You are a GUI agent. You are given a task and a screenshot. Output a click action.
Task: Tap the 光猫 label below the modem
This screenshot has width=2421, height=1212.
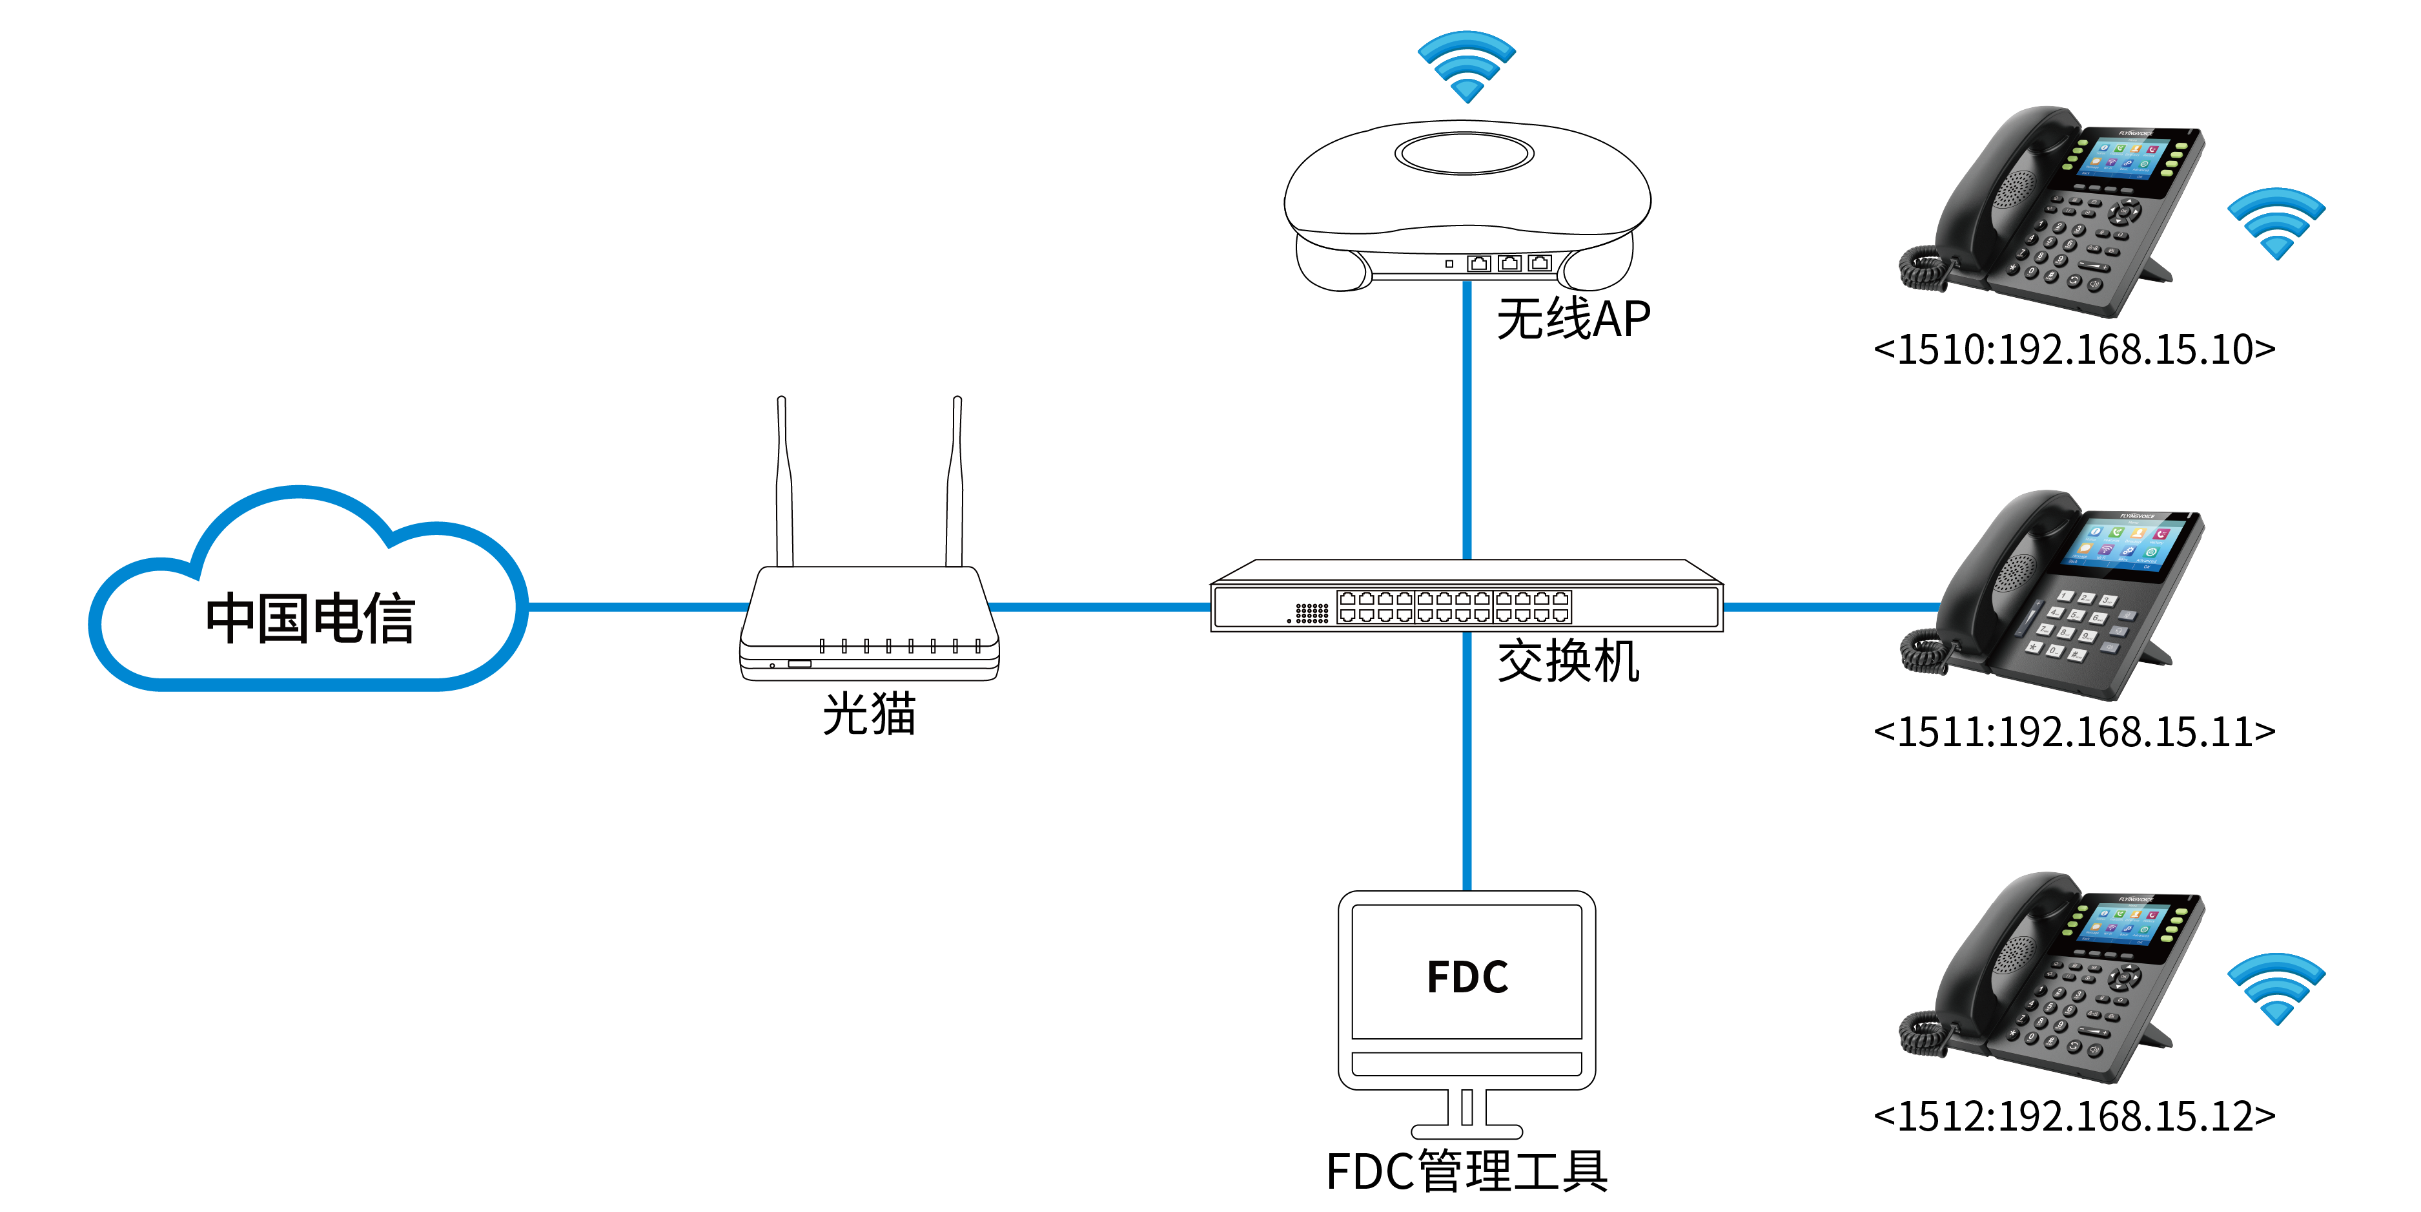[x=870, y=713]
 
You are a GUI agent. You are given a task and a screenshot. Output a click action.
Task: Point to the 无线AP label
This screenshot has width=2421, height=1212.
[x=1573, y=319]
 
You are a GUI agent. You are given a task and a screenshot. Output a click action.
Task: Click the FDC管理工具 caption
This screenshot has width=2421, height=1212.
[x=1467, y=1171]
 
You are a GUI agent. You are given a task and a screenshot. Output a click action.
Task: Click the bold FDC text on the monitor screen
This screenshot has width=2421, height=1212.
[x=1467, y=977]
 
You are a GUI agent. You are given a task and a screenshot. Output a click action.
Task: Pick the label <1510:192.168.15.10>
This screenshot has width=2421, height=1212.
[x=2074, y=349]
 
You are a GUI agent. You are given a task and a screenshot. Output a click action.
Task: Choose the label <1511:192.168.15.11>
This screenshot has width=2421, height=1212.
[x=2074, y=731]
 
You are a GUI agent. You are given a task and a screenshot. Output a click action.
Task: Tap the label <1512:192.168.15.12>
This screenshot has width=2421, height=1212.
[x=2074, y=1115]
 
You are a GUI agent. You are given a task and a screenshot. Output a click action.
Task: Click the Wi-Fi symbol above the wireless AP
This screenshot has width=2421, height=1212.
[x=1466, y=67]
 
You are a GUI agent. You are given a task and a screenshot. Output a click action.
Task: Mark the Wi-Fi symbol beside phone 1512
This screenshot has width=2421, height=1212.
[x=2276, y=989]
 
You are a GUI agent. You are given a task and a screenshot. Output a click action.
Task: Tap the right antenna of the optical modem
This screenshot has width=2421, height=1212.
[x=955, y=481]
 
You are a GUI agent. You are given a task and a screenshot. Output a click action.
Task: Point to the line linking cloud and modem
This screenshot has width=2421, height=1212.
[x=637, y=607]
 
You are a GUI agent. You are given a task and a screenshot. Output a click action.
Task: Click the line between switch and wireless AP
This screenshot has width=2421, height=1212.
[x=1466, y=421]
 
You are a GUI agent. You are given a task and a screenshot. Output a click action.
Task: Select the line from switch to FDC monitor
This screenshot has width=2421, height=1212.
[x=1466, y=760]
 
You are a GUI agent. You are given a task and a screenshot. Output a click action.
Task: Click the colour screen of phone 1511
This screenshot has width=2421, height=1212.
[x=2128, y=543]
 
